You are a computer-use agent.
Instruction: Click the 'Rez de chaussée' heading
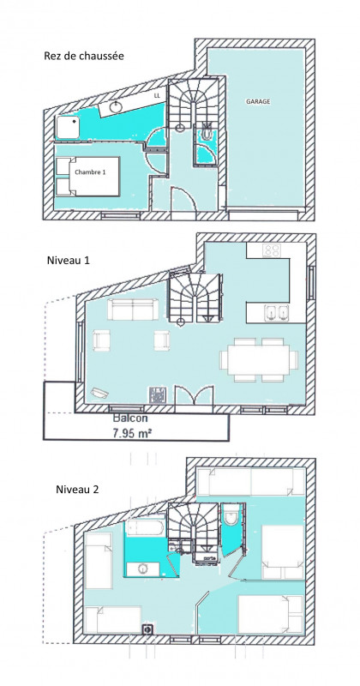pyautogui.click(x=84, y=57)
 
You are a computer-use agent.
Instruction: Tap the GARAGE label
pyautogui.click(x=258, y=101)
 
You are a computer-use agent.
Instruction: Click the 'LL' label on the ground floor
pyautogui.click(x=156, y=97)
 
